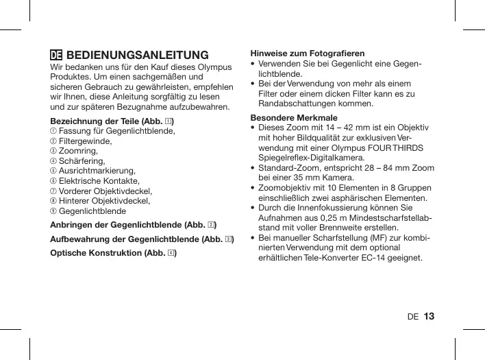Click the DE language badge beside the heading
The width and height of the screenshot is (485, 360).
(x=57, y=55)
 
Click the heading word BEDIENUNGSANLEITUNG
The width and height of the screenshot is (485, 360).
(x=137, y=55)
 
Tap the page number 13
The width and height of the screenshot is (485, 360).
(x=429, y=316)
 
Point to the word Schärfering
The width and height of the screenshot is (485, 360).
(x=82, y=161)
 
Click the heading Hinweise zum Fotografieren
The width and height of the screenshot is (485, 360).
(x=308, y=53)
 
